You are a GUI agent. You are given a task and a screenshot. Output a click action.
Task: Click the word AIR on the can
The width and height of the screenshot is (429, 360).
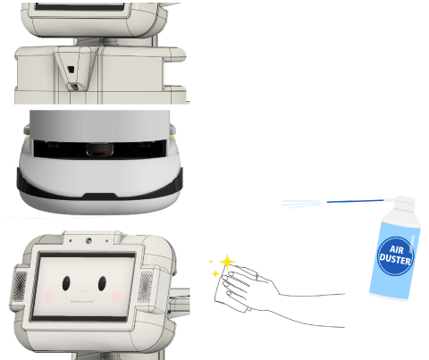coord(396,249)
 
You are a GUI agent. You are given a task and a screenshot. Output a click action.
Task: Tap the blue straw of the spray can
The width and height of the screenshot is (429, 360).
coord(355,201)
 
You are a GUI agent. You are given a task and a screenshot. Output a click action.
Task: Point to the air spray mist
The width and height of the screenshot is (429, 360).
coord(302,204)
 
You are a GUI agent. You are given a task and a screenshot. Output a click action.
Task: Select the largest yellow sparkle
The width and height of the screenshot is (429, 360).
coord(227,262)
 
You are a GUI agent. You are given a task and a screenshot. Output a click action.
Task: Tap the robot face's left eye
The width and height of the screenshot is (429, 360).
coord(66,283)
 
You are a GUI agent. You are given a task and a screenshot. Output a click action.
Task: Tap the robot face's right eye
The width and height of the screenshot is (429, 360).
coord(102,283)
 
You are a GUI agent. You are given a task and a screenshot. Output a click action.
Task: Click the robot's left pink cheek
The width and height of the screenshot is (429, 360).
coord(48,297)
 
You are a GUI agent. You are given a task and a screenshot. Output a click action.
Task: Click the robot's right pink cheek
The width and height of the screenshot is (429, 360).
coord(116,297)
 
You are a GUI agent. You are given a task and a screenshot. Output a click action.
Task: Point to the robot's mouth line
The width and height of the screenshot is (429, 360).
coord(81,302)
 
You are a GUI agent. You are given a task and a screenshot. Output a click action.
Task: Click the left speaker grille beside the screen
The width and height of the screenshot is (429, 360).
coord(21,286)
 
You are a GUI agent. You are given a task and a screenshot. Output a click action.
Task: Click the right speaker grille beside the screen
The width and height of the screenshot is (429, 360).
coord(146,287)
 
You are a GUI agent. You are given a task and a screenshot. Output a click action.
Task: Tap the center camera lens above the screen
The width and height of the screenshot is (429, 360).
coord(88,240)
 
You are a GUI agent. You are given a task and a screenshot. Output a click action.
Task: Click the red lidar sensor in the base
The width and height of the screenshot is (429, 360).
coord(100,149)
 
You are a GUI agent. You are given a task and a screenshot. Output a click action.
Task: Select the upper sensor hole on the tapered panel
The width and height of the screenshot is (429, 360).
coord(71,70)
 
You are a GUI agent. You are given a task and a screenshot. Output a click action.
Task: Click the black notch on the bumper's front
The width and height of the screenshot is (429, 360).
coord(99,197)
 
